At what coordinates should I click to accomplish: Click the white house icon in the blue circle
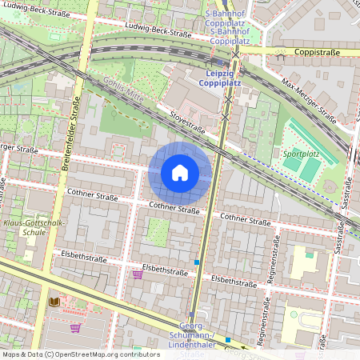click(x=180, y=173)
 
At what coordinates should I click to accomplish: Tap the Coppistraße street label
click(x=318, y=53)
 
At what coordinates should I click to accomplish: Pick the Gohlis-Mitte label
click(x=123, y=90)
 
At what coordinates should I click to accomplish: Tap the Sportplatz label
click(x=302, y=152)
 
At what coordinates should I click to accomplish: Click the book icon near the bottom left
click(x=55, y=302)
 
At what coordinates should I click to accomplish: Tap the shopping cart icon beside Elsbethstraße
click(x=137, y=274)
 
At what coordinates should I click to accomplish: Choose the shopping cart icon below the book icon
click(x=75, y=327)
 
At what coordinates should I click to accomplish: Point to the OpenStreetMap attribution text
click(x=81, y=354)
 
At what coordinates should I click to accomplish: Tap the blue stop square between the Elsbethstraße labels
click(x=197, y=262)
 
